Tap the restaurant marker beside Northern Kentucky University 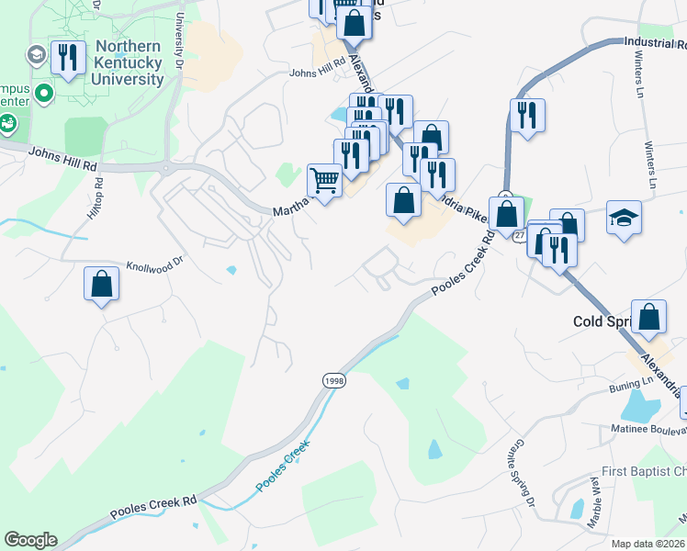coord(67,59)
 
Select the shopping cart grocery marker coord(324,180)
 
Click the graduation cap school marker coord(624,218)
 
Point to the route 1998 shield coord(333,379)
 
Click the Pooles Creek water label coord(284,466)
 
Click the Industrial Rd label coord(654,42)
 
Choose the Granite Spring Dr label coord(521,472)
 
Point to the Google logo coord(30,540)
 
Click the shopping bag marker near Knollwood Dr coord(102,284)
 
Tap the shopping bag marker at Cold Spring coord(648,317)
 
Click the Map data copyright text coord(648,544)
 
